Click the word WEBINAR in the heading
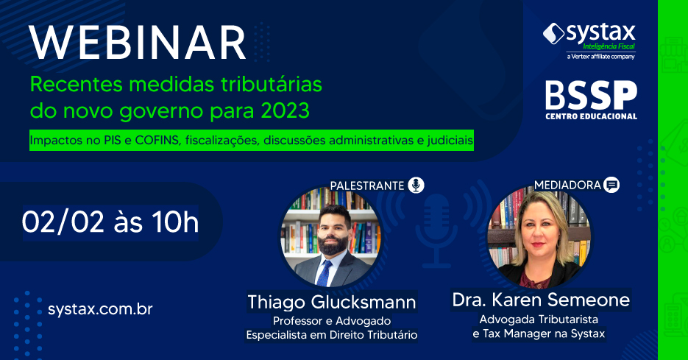(138, 43)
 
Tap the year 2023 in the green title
(286, 110)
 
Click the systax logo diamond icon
(554, 34)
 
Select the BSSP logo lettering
(591, 95)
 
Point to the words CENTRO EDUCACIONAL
(591, 116)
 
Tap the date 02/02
(63, 222)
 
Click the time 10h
(175, 222)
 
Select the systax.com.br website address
(100, 309)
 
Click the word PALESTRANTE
(367, 186)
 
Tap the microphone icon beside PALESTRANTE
(416, 185)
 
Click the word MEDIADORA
(567, 186)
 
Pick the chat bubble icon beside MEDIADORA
(611, 185)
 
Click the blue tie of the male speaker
(325, 273)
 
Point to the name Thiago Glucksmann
(332, 302)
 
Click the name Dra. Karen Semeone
(541, 300)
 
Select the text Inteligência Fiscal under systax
(609, 46)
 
